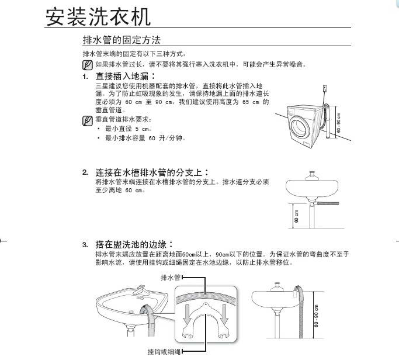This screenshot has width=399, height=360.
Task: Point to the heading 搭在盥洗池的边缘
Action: coord(134,244)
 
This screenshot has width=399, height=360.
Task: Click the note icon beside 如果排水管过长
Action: coord(88,64)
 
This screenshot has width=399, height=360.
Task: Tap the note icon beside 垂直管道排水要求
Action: coord(88,120)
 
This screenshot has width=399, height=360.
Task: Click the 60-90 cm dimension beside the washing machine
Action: coord(340,122)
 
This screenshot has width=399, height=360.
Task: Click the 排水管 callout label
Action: coord(170,278)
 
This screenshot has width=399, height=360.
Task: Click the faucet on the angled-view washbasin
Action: coord(138,290)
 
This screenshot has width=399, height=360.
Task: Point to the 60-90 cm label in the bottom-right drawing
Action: coord(316,316)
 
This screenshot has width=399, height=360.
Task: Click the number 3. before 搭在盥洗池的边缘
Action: coord(85,245)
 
